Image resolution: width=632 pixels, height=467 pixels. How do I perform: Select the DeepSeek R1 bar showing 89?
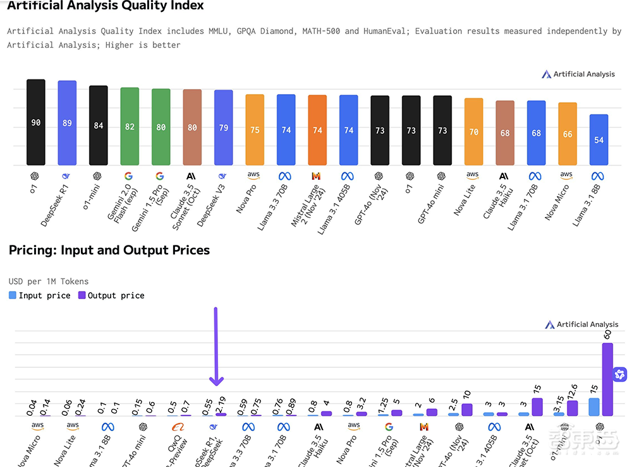67,122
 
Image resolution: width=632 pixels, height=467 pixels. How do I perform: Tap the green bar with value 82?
130,126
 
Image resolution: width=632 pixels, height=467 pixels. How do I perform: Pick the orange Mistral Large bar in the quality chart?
317,130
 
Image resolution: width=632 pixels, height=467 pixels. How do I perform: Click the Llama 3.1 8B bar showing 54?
599,139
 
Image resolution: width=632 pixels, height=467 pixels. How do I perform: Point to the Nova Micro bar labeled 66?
568,134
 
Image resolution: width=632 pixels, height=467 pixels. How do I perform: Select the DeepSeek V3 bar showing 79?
223,127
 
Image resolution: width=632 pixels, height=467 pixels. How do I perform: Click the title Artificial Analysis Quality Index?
106,6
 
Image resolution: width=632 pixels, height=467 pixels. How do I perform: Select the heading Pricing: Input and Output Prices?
109,250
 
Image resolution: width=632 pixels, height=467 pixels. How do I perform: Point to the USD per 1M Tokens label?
48,281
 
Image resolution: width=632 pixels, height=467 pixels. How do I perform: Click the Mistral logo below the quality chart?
317,176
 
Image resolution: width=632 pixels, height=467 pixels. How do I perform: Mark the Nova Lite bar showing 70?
473,132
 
